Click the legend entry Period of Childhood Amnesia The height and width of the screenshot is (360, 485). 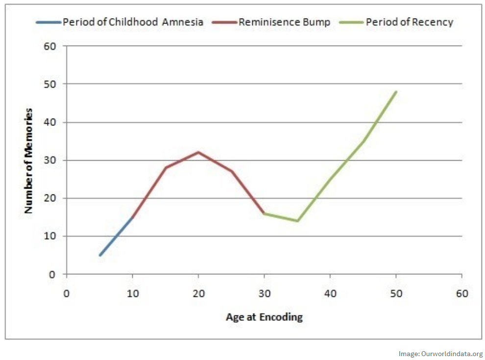(132, 22)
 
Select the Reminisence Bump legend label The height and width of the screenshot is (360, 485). (284, 22)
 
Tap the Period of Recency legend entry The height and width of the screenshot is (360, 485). (409, 22)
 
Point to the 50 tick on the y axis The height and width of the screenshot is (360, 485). (52, 84)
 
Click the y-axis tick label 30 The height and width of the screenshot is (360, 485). (52, 160)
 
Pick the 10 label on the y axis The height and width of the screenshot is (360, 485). (52, 236)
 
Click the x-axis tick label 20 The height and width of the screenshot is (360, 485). (198, 294)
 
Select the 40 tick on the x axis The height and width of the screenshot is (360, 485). (330, 294)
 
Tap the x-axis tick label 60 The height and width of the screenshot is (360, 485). (462, 294)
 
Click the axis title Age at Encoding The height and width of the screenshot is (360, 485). (264, 317)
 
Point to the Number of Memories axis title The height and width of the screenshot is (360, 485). (29, 160)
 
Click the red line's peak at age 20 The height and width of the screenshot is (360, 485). (198, 152)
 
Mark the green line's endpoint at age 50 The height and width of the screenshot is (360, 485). (396, 92)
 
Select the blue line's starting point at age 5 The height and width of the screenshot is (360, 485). (99, 255)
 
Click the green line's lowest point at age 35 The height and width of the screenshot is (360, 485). (297, 221)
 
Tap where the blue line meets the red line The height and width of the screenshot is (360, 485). (132, 217)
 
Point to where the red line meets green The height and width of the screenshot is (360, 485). (264, 213)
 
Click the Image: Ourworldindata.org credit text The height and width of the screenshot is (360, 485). (440, 354)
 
